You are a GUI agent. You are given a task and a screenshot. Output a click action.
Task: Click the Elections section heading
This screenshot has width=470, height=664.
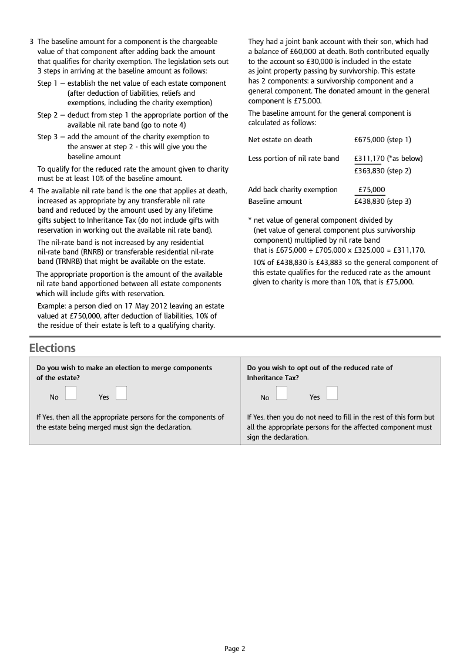point(52,348)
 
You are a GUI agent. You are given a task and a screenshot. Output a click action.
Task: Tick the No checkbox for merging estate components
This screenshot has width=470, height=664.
point(71,393)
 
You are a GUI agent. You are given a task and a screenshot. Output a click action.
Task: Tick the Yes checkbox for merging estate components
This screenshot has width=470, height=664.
point(121,393)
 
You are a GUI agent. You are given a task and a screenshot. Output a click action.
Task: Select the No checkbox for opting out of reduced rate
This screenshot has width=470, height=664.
point(281,393)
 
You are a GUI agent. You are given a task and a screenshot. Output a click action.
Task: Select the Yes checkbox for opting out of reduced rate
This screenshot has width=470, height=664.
point(332,393)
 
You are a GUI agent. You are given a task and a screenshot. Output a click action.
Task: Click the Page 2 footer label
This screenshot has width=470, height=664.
point(234,649)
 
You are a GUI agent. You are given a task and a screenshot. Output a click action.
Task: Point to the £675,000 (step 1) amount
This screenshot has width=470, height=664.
point(382,139)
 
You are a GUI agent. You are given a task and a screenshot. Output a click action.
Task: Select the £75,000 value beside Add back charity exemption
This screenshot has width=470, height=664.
point(372,189)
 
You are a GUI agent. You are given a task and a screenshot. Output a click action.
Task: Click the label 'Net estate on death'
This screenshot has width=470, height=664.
point(280,139)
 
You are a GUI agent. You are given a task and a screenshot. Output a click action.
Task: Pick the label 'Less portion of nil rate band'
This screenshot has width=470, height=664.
point(294,158)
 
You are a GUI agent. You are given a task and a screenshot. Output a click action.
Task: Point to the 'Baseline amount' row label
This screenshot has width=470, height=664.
point(275,201)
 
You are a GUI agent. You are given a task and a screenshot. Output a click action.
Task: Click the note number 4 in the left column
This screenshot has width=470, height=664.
point(32,190)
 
